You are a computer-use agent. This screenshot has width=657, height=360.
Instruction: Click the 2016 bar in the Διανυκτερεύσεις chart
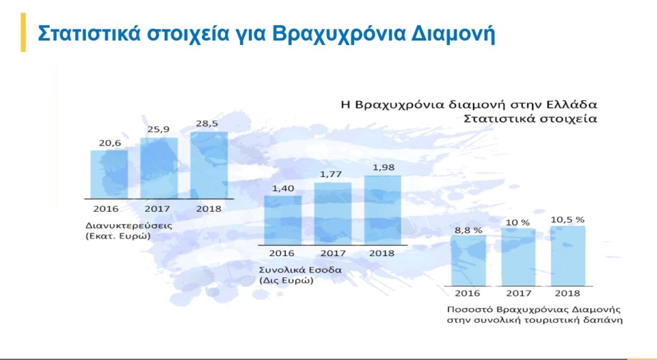coord(109,174)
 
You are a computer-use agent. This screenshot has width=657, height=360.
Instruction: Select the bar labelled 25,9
coord(159,168)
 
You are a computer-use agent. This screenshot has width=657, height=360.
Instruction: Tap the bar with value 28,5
coord(209,165)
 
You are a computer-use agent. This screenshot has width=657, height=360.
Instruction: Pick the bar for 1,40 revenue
coord(283,220)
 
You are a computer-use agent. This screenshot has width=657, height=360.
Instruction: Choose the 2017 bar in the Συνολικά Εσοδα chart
coord(333,214)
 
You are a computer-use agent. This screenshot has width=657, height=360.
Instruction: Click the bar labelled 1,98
coord(382,210)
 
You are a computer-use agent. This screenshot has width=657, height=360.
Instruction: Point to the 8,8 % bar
coord(468,261)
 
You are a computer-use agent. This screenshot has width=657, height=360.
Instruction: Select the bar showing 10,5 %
coord(568,256)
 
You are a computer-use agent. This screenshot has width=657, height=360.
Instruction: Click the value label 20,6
coord(110,143)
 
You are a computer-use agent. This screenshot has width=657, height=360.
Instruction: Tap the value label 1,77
coord(331,174)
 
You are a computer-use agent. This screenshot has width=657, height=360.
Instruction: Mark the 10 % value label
coord(518,223)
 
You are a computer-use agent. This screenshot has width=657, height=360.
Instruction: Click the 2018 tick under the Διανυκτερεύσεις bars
coord(209,209)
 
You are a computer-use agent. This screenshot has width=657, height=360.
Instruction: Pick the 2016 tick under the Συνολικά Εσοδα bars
coord(282,253)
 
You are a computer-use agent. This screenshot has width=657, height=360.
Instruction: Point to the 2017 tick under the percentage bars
coord(518,293)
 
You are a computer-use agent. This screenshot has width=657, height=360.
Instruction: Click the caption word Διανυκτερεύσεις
coord(128,226)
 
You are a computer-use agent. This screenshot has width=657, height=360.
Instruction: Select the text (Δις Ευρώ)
coord(286,280)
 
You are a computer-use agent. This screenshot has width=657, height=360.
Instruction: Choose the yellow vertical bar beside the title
coord(23,32)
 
